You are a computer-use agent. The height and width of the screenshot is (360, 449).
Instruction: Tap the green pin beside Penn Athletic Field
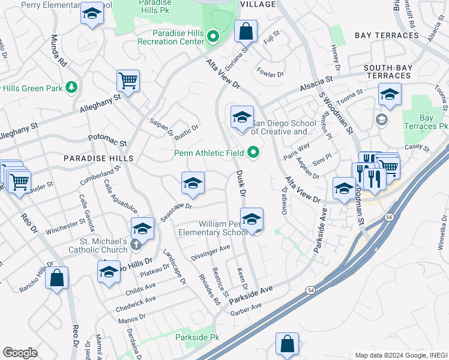pos(253,153)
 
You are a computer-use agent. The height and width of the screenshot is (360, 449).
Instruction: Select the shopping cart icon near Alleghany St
pos(128,80)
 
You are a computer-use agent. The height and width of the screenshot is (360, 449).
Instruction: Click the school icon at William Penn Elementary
pos(252,219)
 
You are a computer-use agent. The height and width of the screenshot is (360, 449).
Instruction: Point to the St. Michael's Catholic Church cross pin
pos(136,244)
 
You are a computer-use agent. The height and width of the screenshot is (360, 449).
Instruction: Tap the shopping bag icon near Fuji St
pos(246,31)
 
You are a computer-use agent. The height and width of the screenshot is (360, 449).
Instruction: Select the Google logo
pos(20,353)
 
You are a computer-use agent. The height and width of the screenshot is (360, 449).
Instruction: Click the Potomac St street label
pos(107,140)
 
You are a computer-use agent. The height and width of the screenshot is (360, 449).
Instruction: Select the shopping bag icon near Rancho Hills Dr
pos(56,278)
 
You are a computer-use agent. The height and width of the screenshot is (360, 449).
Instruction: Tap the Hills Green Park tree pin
pos(72,88)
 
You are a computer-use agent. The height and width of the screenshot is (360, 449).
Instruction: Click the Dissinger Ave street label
pos(210,253)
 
